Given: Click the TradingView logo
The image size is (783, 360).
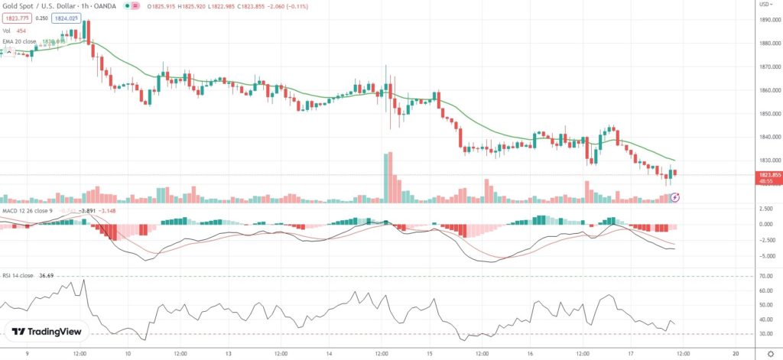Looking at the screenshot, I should click(47, 331).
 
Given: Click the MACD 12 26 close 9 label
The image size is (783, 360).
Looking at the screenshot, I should click(24, 210).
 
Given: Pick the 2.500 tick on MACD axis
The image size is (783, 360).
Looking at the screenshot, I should click(764, 208).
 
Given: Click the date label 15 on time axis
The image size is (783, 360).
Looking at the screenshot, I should click(431, 353).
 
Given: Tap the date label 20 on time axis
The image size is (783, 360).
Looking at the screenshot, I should click(735, 353).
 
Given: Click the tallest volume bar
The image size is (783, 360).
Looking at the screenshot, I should click(390, 177).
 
